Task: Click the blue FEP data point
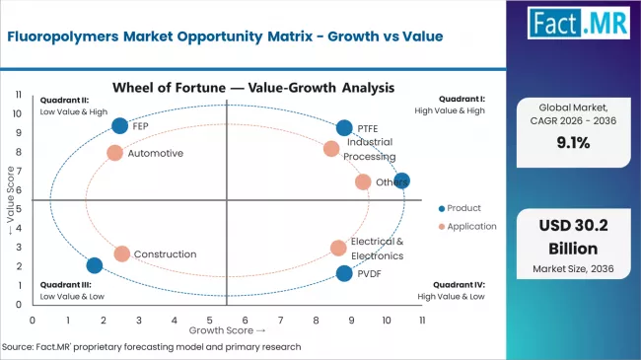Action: coord(120,125)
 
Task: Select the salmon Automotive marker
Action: coord(114,153)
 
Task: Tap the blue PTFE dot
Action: coord(344,127)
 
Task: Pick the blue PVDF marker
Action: coord(344,273)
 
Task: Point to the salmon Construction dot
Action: coord(121,253)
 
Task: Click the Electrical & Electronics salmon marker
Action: coord(338,248)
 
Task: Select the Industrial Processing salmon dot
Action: coord(331,149)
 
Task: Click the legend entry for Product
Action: coord(463,207)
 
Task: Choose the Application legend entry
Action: coord(469,227)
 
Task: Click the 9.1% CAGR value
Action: coord(577,141)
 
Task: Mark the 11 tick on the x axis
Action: coord(422,321)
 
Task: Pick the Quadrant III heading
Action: coord(65,284)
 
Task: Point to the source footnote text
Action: coord(151,347)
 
